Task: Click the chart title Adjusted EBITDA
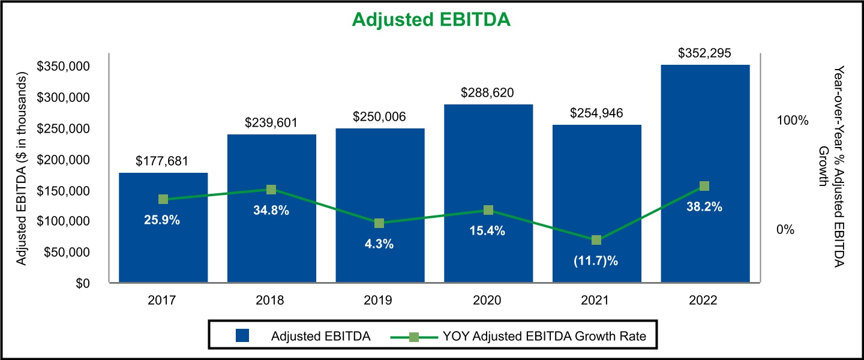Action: coord(431,20)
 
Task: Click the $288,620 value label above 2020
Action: coord(488,93)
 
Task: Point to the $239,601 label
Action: coord(271,123)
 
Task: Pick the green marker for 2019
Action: coord(379,223)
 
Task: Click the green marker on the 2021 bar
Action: coord(596,240)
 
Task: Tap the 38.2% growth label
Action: coord(705,207)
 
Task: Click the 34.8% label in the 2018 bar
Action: coord(271,211)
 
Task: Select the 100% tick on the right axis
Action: coord(793,121)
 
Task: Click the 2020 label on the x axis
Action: coord(488,299)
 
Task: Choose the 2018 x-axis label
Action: coord(271,299)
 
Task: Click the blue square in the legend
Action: coord(242,336)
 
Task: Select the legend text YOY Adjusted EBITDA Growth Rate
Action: coord(544,336)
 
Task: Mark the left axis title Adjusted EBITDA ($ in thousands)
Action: coord(22,169)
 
